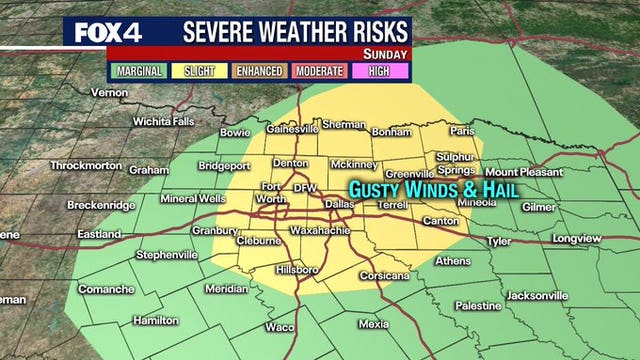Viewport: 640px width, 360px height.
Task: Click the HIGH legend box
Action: pyautogui.click(x=379, y=72)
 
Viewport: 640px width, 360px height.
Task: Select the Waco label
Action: pyautogui.click(x=280, y=327)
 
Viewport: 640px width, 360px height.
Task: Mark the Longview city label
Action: pyautogui.click(x=577, y=240)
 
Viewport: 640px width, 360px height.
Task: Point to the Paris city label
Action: pyautogui.click(x=462, y=131)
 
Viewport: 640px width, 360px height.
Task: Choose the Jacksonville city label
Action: pyautogui.click(x=536, y=296)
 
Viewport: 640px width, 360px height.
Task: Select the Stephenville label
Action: pyautogui.click(x=167, y=255)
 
